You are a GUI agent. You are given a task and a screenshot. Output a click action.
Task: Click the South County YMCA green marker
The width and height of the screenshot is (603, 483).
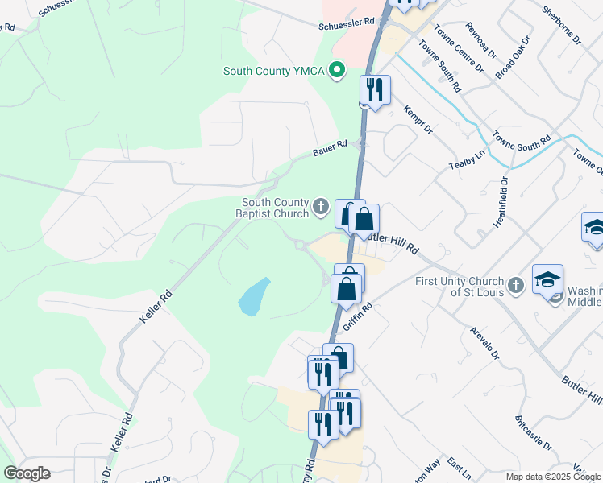point(339,71)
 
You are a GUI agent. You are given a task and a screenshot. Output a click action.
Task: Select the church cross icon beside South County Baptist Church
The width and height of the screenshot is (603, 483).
point(321,208)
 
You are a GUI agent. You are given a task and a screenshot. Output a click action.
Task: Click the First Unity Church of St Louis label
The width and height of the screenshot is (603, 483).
point(460,286)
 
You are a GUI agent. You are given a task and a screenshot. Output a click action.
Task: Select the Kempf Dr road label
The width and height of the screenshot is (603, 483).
point(418,118)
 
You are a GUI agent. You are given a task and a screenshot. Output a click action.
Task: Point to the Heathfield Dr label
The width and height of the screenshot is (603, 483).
point(505,193)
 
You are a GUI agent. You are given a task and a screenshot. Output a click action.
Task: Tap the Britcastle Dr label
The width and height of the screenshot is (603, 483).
point(533,432)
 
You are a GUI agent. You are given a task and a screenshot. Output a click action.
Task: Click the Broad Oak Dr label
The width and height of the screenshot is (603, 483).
point(514,56)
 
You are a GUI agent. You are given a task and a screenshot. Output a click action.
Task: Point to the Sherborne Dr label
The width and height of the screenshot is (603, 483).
point(560,25)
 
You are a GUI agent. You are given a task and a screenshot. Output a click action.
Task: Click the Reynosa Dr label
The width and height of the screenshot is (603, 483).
point(480,37)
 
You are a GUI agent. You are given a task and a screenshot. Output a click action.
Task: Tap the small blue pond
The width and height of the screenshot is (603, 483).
point(254,297)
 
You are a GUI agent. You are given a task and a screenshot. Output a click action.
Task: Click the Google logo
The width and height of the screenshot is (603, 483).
point(27,473)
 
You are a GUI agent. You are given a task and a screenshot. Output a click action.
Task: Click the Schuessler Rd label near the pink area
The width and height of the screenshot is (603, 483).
point(347,23)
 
